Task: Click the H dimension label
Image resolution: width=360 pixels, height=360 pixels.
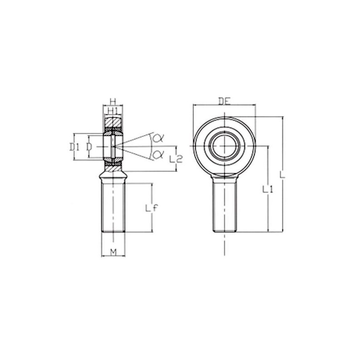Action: (113, 101)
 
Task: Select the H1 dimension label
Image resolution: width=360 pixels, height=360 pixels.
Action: (113, 111)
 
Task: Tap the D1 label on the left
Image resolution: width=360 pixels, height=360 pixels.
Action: (75, 147)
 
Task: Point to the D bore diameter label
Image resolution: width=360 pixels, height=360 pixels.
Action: (89, 147)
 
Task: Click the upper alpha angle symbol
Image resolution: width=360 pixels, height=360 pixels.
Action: (158, 138)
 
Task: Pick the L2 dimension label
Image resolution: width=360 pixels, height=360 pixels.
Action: (175, 159)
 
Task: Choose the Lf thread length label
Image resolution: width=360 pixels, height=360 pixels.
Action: (152, 208)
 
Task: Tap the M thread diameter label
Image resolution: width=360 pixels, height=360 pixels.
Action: (113, 252)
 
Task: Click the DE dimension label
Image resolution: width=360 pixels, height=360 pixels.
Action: (224, 101)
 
